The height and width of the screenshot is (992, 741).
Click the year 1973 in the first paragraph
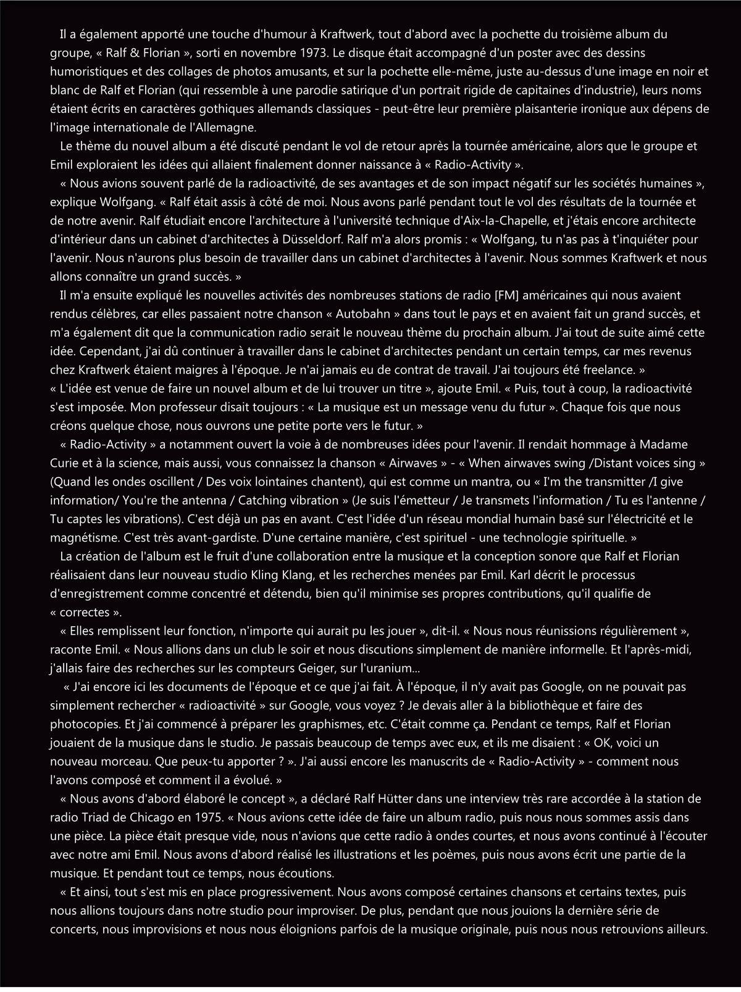coord(305,53)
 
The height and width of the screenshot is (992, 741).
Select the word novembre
coord(264,53)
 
